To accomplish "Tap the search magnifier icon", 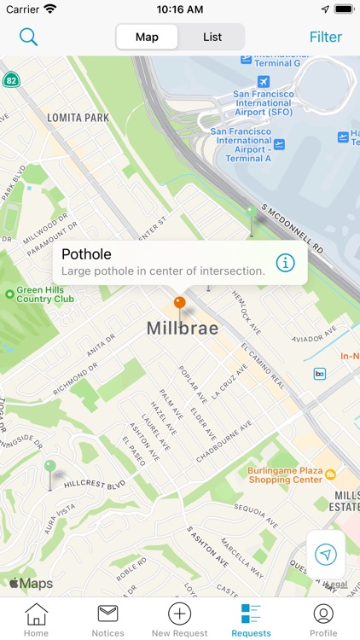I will click(x=29, y=37).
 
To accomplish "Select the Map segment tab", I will click(x=147, y=37).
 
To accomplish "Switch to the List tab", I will click(x=212, y=37).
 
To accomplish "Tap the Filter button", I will click(x=325, y=37).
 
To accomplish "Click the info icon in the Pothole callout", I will click(x=285, y=262).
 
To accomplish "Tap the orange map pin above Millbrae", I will click(x=179, y=302).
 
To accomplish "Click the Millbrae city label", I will click(x=182, y=329).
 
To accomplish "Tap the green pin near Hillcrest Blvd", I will click(x=50, y=468).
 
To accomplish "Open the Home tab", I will click(x=36, y=619).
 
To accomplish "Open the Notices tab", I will click(x=107, y=619).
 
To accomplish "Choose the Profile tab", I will click(x=323, y=619).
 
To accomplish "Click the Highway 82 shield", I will click(x=10, y=80).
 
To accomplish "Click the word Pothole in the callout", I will click(x=86, y=254).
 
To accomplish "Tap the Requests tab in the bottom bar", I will click(x=251, y=619).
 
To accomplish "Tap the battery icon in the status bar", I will click(x=343, y=9).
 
